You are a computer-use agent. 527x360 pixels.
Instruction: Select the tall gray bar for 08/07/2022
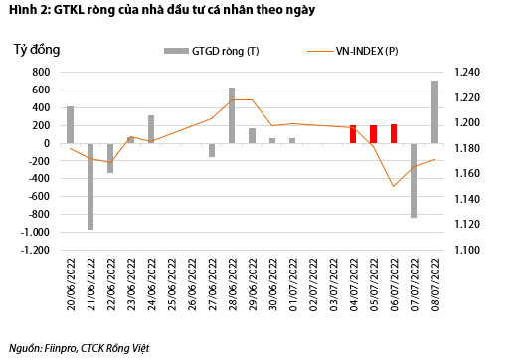[x=435, y=111]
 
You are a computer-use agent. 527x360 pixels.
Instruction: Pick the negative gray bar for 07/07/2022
[x=414, y=180]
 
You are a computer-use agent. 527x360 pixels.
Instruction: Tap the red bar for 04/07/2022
[x=353, y=134]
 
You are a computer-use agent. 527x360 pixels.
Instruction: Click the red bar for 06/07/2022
[x=394, y=133]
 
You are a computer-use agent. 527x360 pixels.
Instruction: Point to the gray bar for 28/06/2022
[x=232, y=115]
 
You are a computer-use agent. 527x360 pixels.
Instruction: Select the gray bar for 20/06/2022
[x=70, y=124]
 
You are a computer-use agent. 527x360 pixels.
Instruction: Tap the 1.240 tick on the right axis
[x=466, y=72]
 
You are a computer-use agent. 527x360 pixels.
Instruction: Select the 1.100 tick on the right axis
[x=466, y=251]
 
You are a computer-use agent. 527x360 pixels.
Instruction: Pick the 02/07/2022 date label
[x=313, y=284]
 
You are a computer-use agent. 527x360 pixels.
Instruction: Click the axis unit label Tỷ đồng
[x=37, y=48]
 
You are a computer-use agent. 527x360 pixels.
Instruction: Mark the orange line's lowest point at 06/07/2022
[x=394, y=186]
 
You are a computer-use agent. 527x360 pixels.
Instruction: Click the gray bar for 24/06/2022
[x=151, y=129]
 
